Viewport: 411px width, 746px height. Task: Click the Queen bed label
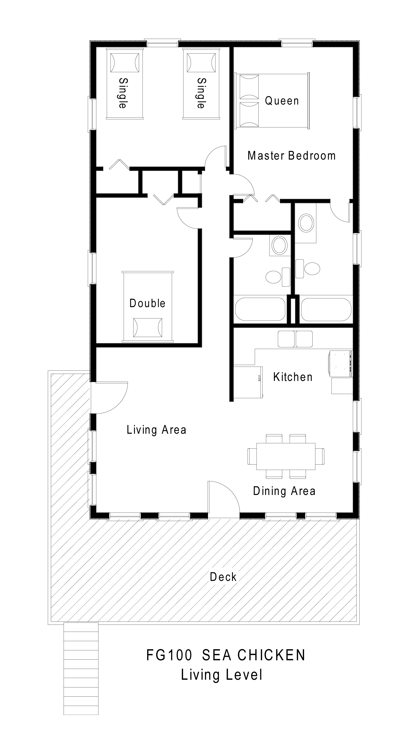pyautogui.click(x=281, y=101)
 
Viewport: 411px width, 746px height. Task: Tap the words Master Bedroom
pyautogui.click(x=291, y=156)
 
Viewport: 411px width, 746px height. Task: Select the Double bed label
pyautogui.click(x=147, y=303)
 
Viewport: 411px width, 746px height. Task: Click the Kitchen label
pyautogui.click(x=293, y=377)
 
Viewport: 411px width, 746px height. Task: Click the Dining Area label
pyautogui.click(x=284, y=491)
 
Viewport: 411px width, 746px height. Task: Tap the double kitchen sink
pyautogui.click(x=295, y=339)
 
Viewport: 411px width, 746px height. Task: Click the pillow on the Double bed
pyautogui.click(x=147, y=328)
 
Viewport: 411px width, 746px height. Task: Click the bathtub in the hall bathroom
pyautogui.click(x=260, y=309)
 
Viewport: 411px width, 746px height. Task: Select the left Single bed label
pyautogui.click(x=123, y=93)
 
